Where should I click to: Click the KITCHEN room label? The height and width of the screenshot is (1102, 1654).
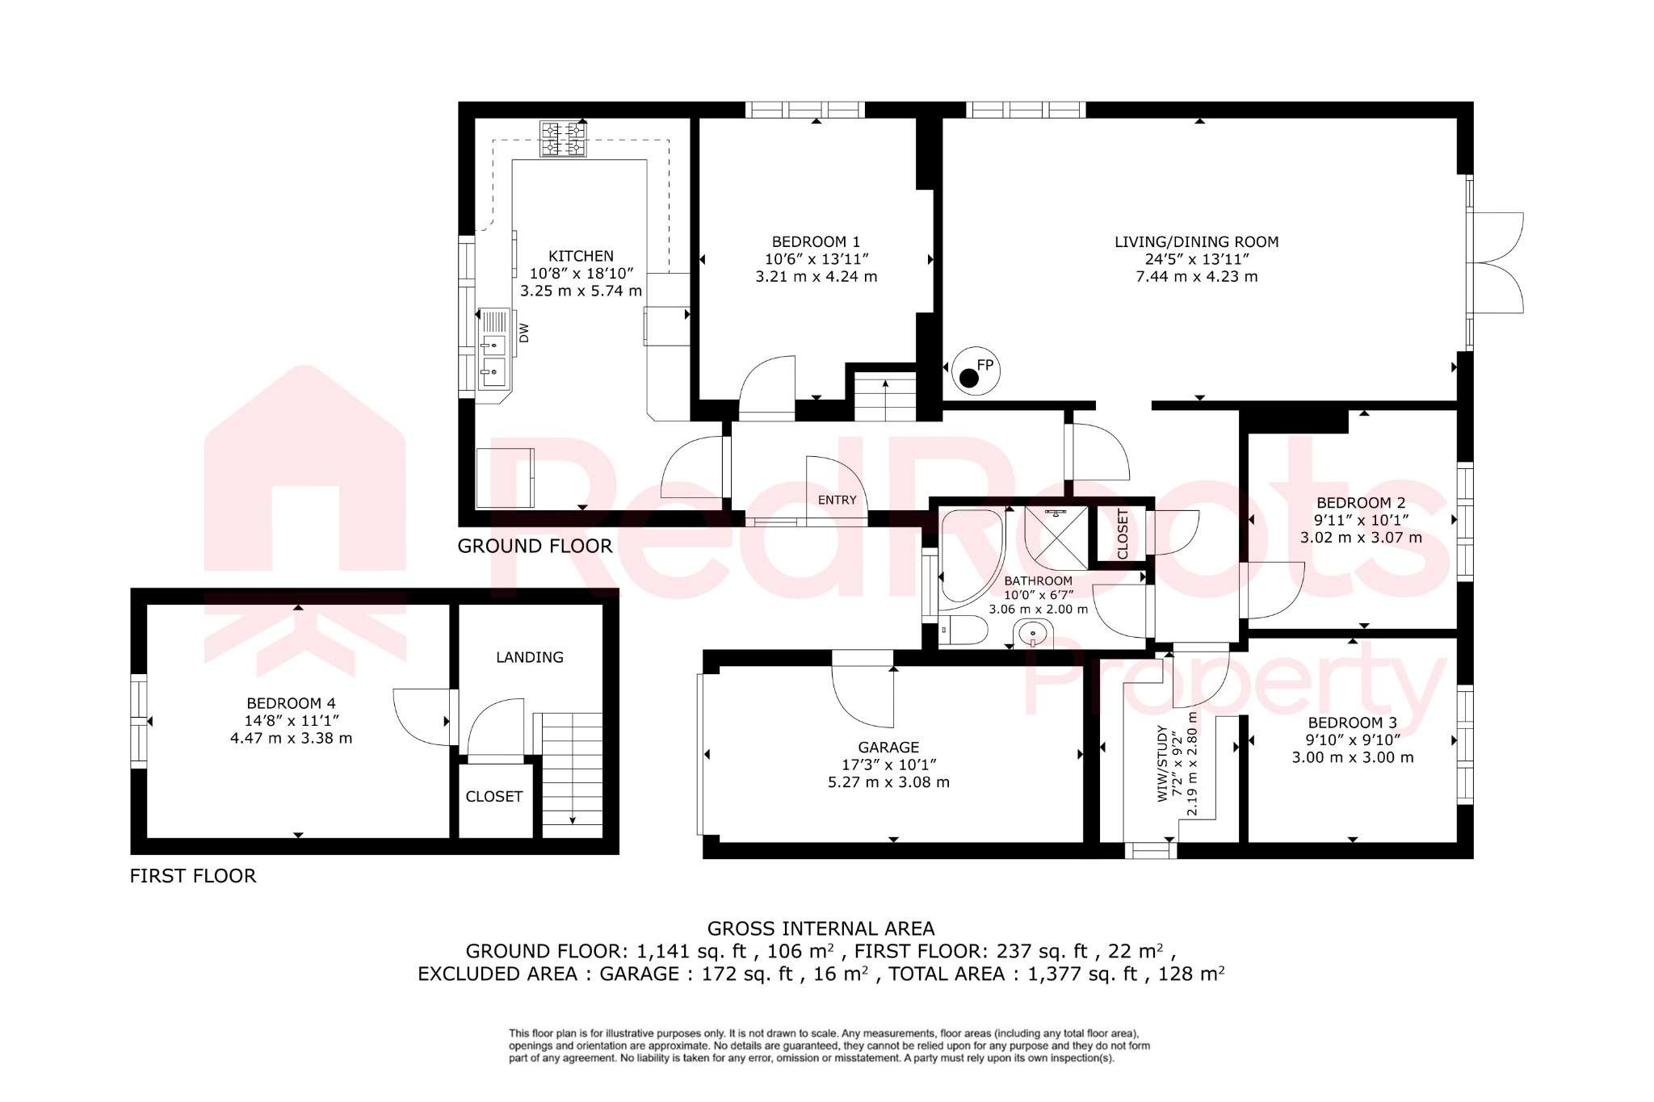(x=581, y=256)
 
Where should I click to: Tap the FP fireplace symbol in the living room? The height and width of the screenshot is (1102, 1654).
(x=976, y=371)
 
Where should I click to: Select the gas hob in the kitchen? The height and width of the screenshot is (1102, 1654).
(x=563, y=138)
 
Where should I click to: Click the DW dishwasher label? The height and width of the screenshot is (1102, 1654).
(x=523, y=333)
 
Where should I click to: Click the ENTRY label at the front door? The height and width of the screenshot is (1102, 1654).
(x=837, y=500)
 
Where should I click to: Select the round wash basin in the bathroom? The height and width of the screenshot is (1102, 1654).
(x=1033, y=635)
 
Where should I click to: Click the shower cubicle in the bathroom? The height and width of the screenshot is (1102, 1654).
(x=1056, y=538)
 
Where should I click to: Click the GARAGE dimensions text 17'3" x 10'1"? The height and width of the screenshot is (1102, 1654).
(x=888, y=765)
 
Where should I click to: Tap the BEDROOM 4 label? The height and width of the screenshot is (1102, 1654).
(x=291, y=703)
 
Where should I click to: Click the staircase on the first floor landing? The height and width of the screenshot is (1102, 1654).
(x=572, y=775)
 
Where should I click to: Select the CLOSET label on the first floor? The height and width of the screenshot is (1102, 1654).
(x=494, y=796)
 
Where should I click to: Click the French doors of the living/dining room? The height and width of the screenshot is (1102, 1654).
(x=1496, y=262)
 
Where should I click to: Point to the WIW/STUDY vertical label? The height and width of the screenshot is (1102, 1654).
(x=1163, y=763)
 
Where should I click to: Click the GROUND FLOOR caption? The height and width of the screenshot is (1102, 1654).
(x=535, y=546)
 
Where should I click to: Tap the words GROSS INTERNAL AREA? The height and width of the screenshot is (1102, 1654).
(x=821, y=928)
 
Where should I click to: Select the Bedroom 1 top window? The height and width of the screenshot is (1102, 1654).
(x=804, y=110)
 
